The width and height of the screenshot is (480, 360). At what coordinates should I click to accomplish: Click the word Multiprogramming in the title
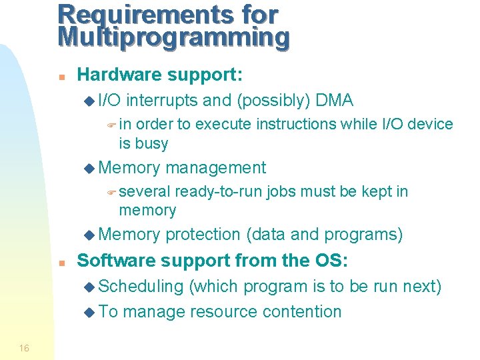coord(173,37)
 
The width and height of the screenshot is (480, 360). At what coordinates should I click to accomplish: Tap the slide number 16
coord(24,348)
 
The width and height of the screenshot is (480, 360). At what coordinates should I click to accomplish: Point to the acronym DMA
coord(335,101)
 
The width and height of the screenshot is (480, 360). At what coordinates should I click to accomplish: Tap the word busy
coord(152,143)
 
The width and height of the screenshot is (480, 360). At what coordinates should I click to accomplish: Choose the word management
coord(216,168)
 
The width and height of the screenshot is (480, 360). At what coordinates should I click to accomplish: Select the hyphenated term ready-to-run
coord(218,192)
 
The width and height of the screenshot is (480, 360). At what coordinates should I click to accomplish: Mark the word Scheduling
coord(141,287)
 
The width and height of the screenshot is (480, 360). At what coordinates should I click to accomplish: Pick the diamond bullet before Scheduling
coord(90,287)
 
